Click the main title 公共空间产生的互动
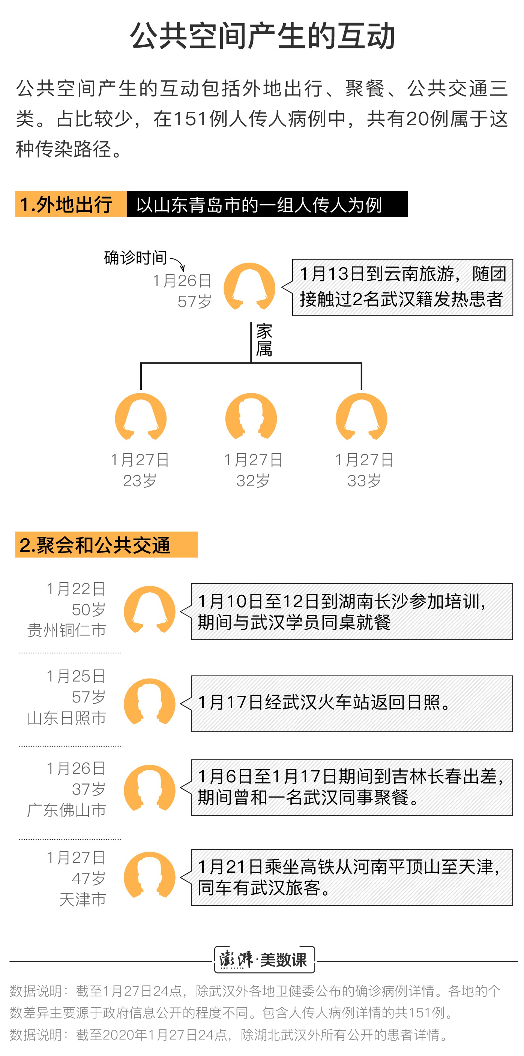coord(262,36)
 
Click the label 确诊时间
coord(135,258)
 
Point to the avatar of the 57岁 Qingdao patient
coord(249,286)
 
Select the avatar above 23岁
coord(141,416)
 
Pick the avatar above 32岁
coord(251,416)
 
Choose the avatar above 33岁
coord(362,416)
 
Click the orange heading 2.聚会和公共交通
coord(106,544)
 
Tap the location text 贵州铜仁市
coord(66,630)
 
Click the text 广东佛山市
coord(66,810)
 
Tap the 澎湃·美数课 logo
coord(265,960)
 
